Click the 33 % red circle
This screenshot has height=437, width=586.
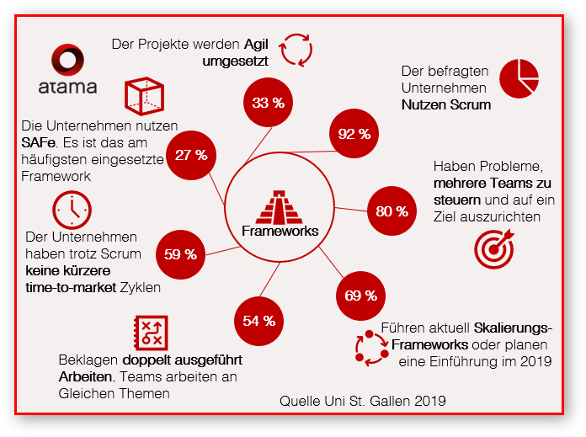267,103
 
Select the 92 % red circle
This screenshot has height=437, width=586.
354,134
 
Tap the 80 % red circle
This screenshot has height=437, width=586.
392,211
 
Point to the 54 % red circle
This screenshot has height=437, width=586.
258,320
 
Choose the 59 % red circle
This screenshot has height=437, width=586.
180,253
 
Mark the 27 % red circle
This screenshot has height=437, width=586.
191,155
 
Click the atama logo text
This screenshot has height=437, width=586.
68,86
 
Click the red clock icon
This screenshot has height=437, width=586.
72,210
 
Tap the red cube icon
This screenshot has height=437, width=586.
144,98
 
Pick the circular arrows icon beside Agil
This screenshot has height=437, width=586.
296,49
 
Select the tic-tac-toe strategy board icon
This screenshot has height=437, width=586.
152,333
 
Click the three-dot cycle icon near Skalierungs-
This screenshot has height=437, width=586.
365,347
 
